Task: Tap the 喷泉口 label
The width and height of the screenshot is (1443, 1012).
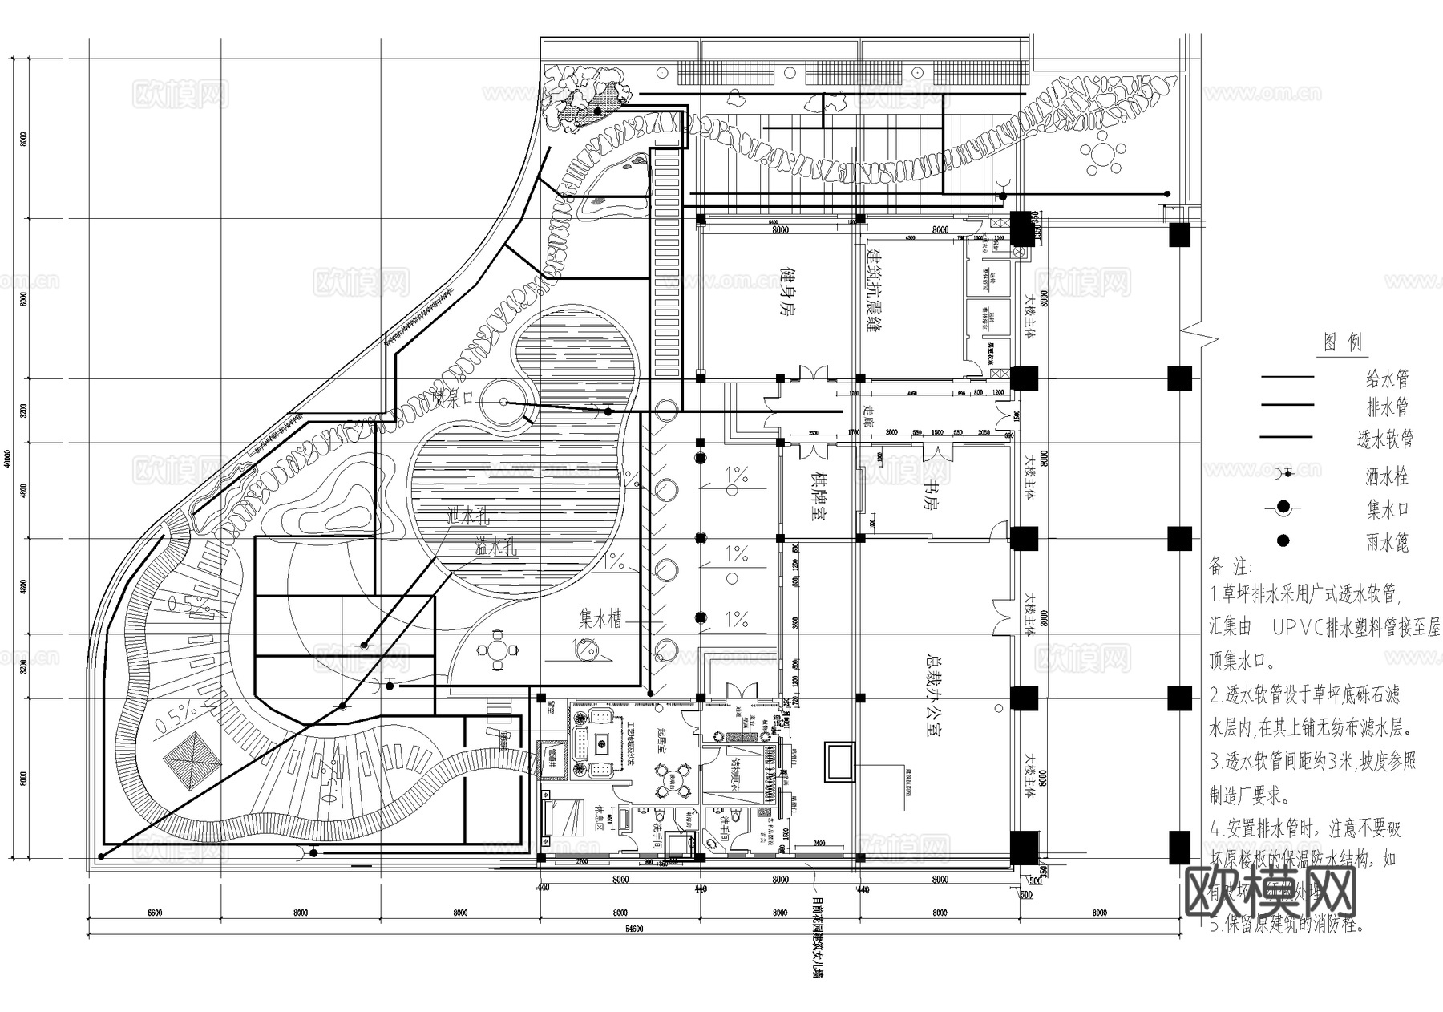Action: coord(454,399)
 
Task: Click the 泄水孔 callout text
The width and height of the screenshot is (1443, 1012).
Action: coord(473,517)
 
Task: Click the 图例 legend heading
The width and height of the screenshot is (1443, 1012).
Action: coord(1343,343)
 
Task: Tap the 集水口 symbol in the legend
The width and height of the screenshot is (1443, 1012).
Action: coord(1283,507)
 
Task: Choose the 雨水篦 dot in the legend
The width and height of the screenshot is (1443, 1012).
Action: coord(1283,540)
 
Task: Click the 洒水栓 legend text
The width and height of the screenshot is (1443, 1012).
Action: coord(1387,477)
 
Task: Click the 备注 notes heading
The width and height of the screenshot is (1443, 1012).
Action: coord(1229,566)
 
